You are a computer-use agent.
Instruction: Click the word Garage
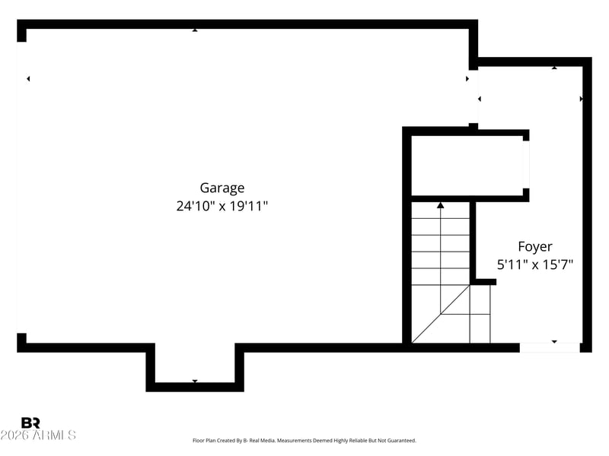point(222,188)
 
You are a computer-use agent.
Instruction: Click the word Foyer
point(535,247)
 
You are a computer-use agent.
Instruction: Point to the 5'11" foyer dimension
point(510,265)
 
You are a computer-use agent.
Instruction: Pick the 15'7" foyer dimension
point(556,265)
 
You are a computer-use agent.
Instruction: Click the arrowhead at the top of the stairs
point(441,204)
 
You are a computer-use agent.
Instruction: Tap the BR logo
point(30,423)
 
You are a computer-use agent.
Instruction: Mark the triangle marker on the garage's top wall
point(195,30)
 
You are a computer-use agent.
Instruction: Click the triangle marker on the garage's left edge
point(28,78)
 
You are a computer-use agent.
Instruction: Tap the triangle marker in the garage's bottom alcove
point(195,381)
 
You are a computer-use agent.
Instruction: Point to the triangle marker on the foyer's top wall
point(554,68)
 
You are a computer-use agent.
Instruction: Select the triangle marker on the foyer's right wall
point(582,99)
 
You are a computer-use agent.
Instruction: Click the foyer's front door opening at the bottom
point(550,347)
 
